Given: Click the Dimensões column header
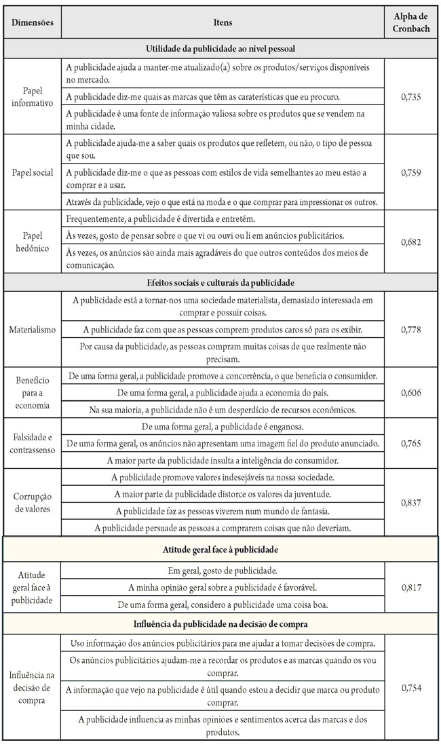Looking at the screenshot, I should (32, 22).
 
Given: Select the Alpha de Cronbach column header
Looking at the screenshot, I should (411, 22).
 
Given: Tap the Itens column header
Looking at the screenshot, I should (222, 22).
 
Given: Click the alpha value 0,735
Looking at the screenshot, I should (411, 97).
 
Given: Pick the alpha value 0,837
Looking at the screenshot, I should (411, 502).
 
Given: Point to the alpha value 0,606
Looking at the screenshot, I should (411, 393).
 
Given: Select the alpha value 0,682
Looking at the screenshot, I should (411, 242).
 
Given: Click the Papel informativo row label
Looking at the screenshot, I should (32, 97).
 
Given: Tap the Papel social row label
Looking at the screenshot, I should (32, 173).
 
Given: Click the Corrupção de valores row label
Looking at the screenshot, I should (32, 502).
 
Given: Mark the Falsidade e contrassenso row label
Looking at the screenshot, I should (32, 444).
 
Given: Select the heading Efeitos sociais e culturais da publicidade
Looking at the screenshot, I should (222, 282).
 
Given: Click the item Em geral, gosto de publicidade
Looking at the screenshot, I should (222, 571).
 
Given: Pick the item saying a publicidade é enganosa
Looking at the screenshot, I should (222, 427).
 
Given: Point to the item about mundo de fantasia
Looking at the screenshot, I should (222, 511).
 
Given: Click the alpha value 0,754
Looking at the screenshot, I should (411, 688).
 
